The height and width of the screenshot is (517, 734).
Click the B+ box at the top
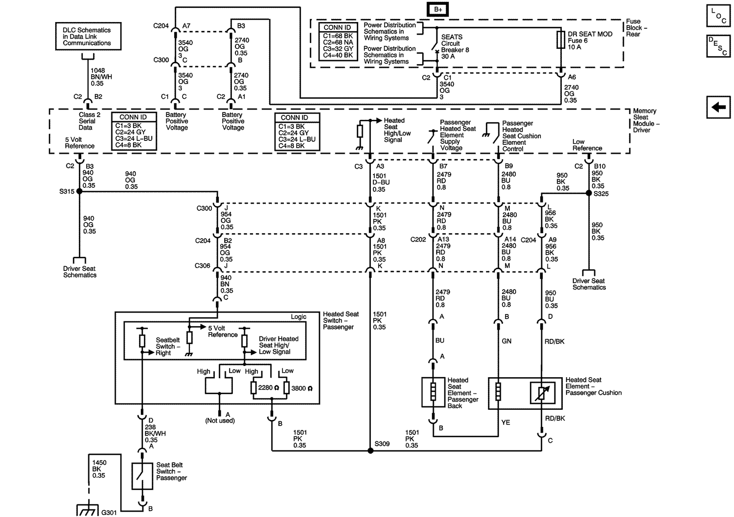437,9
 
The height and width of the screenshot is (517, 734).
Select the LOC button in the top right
718,15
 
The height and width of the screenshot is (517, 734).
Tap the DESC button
718,46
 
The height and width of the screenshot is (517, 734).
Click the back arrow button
718,107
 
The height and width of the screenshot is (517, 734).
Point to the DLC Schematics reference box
88,37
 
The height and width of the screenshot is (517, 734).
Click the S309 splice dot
370,450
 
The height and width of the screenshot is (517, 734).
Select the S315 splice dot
79,192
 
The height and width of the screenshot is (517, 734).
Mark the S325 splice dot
589,193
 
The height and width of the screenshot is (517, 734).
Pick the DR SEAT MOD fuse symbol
561,40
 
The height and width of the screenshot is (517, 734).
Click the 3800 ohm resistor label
301,388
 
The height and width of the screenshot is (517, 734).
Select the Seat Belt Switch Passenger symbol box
142,476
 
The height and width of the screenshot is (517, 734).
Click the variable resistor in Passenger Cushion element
542,392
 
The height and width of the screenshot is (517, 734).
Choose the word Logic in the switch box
298,317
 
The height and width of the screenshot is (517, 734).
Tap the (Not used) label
220,421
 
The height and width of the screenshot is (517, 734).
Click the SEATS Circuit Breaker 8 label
455,46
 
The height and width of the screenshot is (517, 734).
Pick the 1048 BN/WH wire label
101,77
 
